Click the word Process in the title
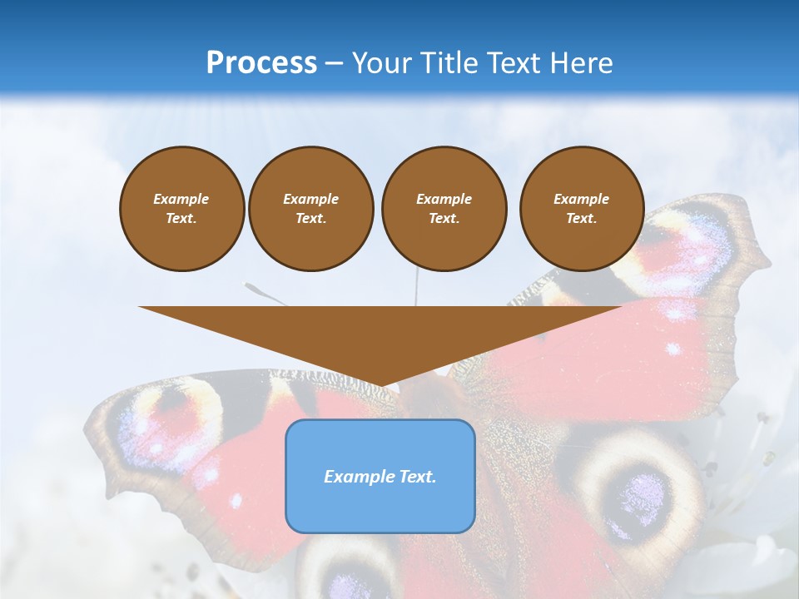(261, 63)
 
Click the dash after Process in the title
(334, 64)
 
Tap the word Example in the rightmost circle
(581, 199)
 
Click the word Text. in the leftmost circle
(181, 219)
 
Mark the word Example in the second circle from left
(310, 199)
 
